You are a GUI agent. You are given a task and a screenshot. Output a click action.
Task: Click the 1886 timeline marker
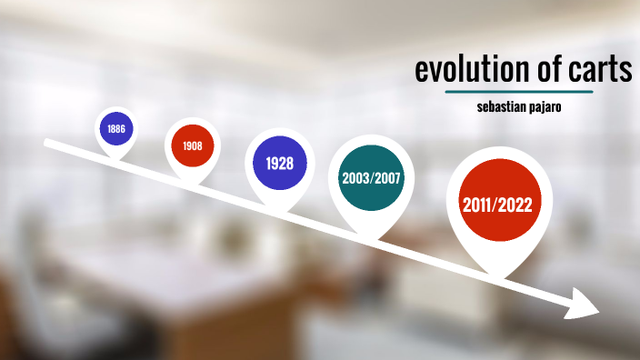coord(115,129)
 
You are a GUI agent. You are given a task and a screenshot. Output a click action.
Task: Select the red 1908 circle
coord(192,145)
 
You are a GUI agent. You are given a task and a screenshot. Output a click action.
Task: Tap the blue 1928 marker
coord(279,163)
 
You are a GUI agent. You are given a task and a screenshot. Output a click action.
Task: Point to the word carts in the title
coord(598,70)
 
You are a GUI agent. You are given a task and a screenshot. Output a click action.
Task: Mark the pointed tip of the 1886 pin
coord(116,161)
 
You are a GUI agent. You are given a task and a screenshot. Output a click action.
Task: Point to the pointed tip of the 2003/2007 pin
coord(371,239)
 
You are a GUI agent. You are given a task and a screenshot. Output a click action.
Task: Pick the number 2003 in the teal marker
coord(355,177)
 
